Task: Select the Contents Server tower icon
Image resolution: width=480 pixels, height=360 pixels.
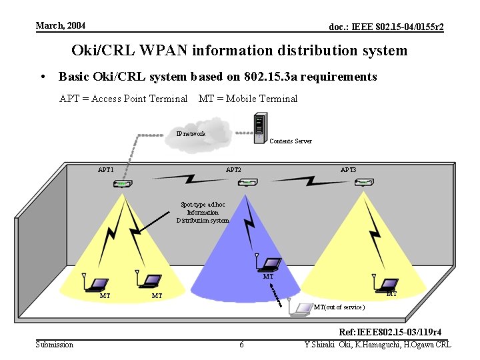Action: (261, 128)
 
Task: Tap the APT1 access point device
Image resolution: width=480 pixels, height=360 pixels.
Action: (121, 183)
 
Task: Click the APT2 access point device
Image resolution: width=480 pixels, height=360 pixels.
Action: (248, 183)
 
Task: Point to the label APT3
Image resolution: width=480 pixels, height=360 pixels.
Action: (348, 170)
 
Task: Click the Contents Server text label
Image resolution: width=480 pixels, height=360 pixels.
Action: (290, 141)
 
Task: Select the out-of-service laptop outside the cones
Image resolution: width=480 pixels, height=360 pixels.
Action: (301, 307)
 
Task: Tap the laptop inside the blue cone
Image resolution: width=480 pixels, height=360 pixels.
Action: (272, 264)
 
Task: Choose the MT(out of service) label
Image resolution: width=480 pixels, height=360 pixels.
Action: (339, 307)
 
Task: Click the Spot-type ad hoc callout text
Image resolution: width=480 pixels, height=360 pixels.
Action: (203, 212)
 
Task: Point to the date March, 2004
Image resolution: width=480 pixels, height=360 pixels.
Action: (61, 25)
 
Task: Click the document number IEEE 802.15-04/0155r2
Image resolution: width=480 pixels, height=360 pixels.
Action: (387, 27)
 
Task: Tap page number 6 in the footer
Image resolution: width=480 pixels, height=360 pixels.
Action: (241, 344)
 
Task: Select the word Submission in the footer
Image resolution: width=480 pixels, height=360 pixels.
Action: (55, 344)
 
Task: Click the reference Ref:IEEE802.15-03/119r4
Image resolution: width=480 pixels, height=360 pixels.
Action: (390, 332)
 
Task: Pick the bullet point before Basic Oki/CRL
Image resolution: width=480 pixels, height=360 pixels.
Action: (44, 77)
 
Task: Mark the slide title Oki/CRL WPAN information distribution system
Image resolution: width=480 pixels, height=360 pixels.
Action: (239, 51)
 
